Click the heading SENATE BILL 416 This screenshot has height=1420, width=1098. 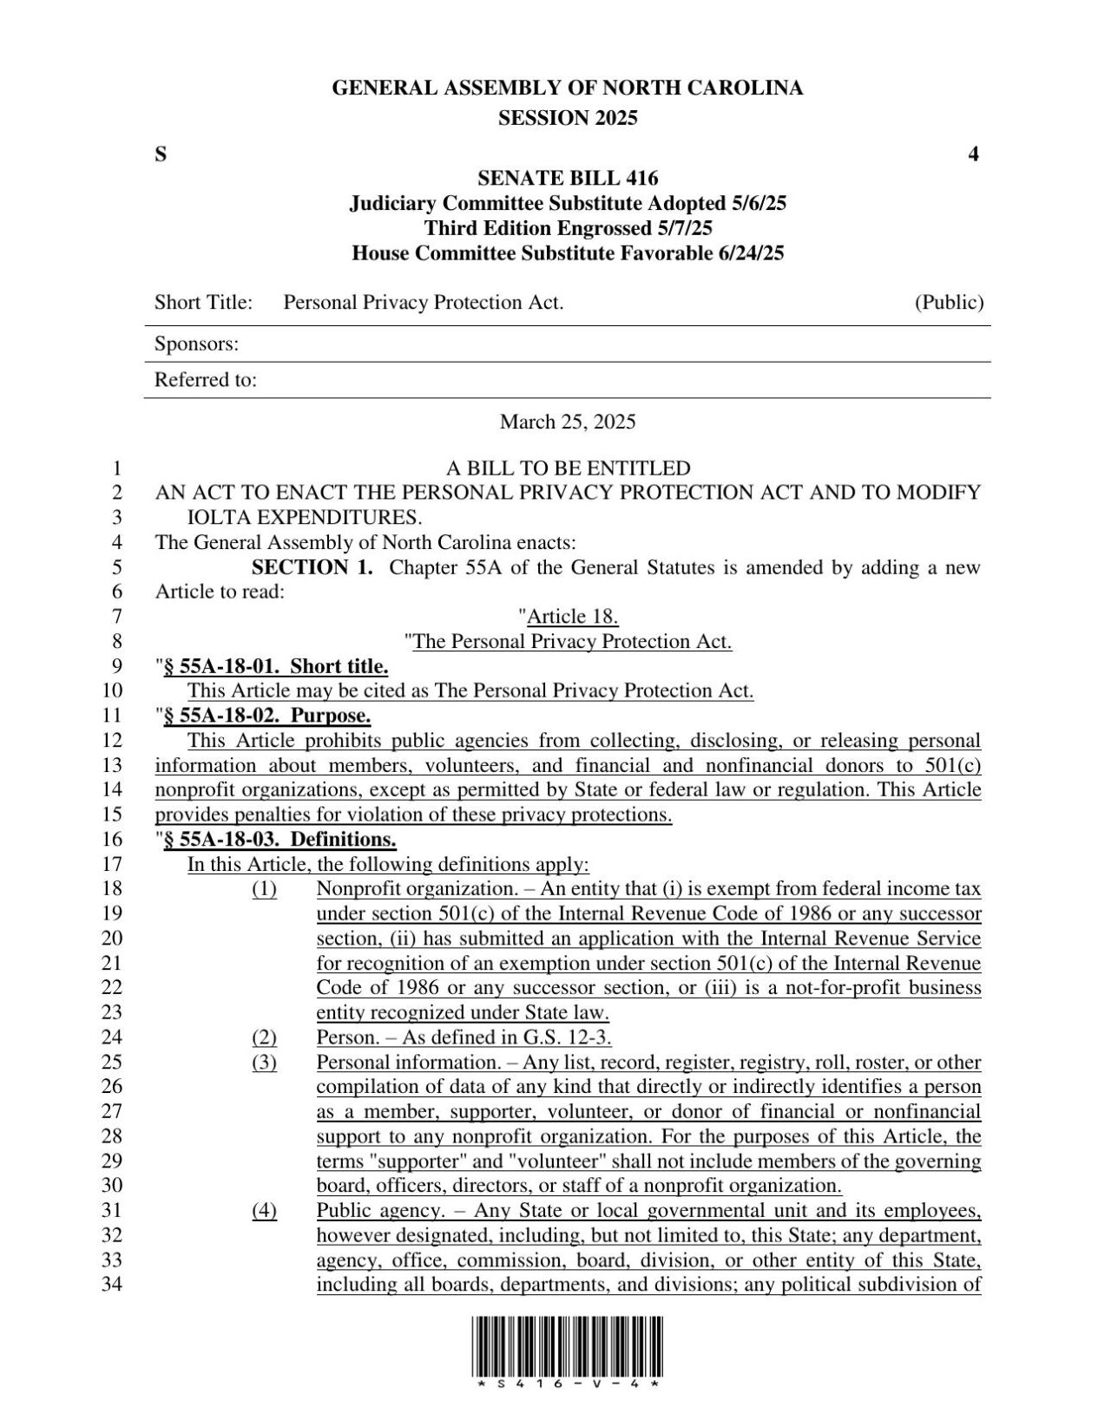coord(568,179)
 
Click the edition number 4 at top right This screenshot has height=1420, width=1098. coord(973,154)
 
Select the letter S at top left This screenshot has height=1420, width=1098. coord(161,154)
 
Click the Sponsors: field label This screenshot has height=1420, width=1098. coord(196,344)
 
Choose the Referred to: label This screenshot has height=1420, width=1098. coord(205,380)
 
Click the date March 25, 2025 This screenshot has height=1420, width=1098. coord(568,422)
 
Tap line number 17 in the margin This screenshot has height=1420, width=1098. coord(112,864)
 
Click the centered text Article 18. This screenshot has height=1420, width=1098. coord(573,617)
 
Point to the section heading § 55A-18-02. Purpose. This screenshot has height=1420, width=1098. coord(267,716)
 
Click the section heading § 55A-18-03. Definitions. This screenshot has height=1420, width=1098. coord(279,840)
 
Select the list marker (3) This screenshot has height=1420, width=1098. coord(265,1063)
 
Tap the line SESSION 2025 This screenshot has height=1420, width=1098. coord(568,118)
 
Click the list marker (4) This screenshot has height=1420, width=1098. coord(265,1211)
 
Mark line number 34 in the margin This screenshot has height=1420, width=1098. coord(112,1285)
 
